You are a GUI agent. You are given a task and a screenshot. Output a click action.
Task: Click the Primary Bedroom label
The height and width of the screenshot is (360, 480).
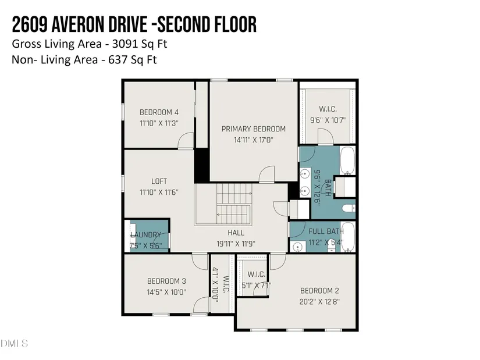[x=254, y=129]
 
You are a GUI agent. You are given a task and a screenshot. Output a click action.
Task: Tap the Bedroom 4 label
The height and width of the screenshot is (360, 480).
[x=159, y=112]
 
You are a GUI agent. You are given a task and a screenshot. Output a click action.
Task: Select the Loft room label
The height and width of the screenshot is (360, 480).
[x=159, y=181]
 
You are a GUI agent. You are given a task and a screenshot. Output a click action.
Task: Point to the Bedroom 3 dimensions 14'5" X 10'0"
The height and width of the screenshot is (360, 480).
[x=166, y=292]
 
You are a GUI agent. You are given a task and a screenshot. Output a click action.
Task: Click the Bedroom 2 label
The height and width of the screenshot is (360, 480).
[x=319, y=291]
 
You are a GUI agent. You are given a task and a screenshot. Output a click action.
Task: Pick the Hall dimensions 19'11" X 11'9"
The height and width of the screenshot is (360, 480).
[x=236, y=244]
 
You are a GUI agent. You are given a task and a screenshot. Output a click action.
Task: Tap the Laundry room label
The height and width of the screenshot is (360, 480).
[x=145, y=235]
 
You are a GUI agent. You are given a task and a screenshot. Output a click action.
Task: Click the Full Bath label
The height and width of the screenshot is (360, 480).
[x=326, y=231]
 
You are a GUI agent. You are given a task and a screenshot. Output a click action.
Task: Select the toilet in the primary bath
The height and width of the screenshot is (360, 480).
[x=349, y=208]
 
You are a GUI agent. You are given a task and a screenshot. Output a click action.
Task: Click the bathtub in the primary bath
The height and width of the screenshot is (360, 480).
[x=347, y=161]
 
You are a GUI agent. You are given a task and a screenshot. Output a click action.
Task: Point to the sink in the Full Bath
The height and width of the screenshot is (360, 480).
[x=297, y=247]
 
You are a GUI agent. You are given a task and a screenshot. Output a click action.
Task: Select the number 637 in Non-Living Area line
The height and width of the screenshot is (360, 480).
[x=118, y=60]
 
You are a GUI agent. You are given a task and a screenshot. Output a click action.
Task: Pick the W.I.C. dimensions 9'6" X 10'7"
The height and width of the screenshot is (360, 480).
[x=328, y=120]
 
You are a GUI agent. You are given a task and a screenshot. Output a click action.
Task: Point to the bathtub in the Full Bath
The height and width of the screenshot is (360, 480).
[x=348, y=237]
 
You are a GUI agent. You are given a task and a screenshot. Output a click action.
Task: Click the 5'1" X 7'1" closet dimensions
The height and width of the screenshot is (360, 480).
[x=257, y=286]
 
